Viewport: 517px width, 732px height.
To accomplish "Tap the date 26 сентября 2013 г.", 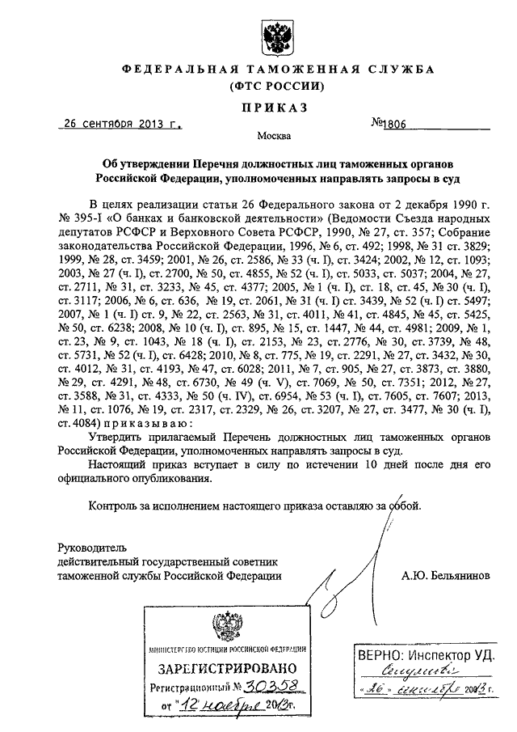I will [x=123, y=125].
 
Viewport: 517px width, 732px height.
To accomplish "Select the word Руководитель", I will [x=92, y=546].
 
